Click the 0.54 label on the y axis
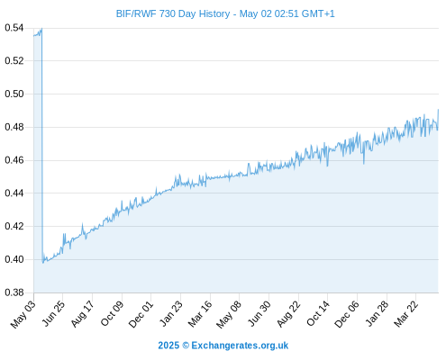(x=14, y=28)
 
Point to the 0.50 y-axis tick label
(x=14, y=94)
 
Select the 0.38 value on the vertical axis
(x=14, y=292)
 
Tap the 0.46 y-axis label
(x=14, y=160)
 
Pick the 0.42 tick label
(x=14, y=226)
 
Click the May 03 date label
(x=23, y=315)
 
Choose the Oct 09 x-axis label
(x=112, y=314)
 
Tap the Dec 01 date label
(x=141, y=315)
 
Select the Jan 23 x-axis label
(x=171, y=314)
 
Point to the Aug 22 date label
(x=288, y=314)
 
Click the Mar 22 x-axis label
(x=406, y=314)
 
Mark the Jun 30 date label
(x=259, y=314)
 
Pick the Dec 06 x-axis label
(x=347, y=315)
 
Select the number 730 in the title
(x=168, y=13)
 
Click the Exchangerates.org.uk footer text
(x=240, y=346)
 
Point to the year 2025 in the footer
(x=168, y=346)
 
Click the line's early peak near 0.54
(x=41, y=29)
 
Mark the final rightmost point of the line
(x=438, y=110)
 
